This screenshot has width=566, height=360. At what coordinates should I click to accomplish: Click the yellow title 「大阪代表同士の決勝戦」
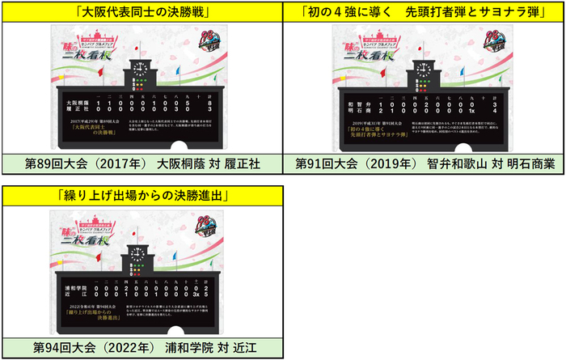[142, 11]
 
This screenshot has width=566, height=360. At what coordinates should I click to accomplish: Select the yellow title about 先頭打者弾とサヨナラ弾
[424, 11]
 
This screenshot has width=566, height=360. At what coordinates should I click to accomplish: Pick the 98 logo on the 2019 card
[499, 39]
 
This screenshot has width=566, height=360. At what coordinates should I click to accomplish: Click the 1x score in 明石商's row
[466, 110]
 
